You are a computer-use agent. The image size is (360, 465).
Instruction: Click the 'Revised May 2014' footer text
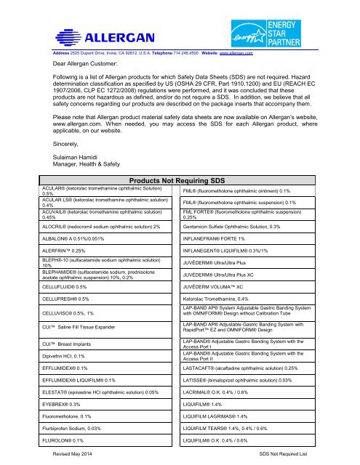click(x=77, y=453)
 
